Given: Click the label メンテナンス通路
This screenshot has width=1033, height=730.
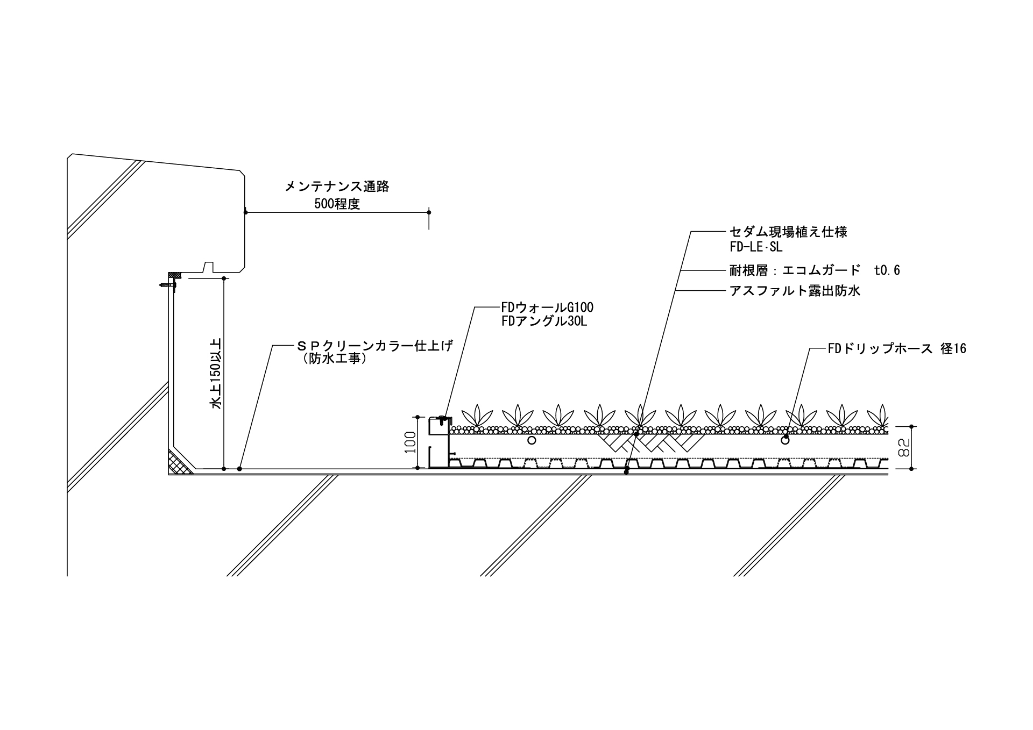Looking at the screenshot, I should point(336,187).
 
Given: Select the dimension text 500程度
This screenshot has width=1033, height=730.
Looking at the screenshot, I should point(337,204).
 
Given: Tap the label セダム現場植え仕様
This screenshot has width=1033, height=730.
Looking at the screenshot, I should point(788,232).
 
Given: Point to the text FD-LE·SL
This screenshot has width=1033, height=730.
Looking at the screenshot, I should point(756,247).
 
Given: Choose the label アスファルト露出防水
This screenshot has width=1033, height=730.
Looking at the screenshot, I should point(795,291).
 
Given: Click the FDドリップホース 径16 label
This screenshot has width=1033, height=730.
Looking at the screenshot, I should point(897,349).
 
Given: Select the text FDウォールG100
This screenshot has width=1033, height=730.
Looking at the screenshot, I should point(547,308).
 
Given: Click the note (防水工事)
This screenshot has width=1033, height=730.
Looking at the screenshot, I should point(335,359).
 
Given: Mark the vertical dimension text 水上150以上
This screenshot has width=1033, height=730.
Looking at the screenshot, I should point(216,374).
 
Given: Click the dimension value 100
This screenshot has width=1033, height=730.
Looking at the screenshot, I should point(411,442).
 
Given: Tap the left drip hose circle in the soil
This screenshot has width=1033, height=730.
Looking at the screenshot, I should point(532,440).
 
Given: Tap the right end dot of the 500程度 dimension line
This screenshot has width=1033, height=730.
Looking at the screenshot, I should point(429,212).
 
